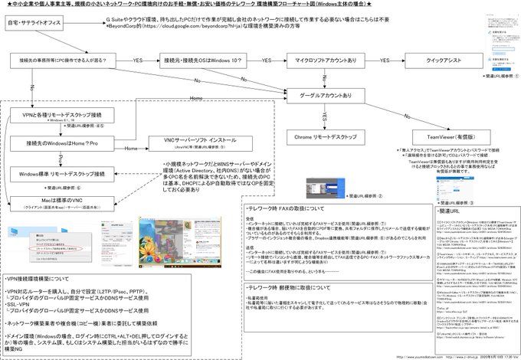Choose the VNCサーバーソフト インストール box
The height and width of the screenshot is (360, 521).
pyautogui.click(x=192, y=142)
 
